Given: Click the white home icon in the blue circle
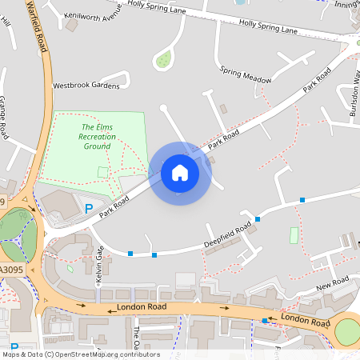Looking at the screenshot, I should coord(180,172).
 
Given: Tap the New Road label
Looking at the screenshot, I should coord(333,283).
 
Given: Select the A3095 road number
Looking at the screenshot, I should coord(10,270).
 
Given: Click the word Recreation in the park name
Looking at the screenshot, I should coord(97,137).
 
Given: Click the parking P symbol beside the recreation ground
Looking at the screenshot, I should coord(89,209).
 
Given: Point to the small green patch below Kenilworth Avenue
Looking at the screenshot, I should coord(164,58).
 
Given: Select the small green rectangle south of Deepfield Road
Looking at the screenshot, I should coord(294,236).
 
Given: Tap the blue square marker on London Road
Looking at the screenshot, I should coord(265,321).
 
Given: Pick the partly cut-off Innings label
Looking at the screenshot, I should coord(347,5).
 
